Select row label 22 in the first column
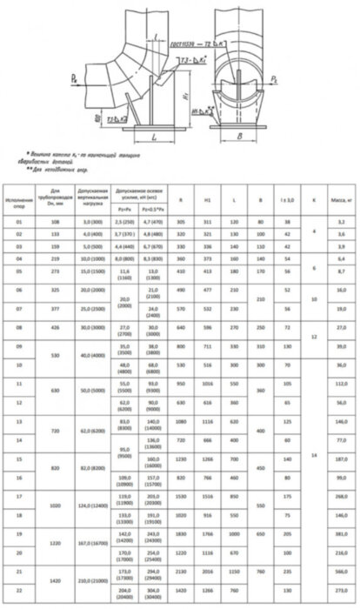pyautogui.click(x=18, y=592)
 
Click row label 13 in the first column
pyautogui.click(x=18, y=420)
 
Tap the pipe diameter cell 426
pyautogui.click(x=57, y=327)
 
